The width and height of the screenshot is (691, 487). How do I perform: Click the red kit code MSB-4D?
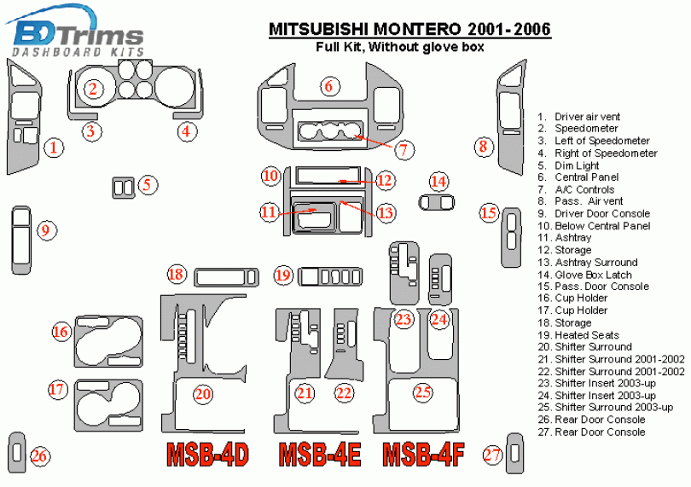pyautogui.click(x=208, y=455)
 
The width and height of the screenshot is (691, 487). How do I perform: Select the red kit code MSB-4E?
pyautogui.click(x=320, y=455)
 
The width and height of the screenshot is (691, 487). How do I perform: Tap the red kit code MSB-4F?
pyautogui.click(x=423, y=455)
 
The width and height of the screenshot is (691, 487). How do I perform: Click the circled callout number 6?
pyautogui.click(x=329, y=86)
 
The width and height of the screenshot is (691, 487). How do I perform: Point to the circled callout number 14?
pyautogui.click(x=438, y=181)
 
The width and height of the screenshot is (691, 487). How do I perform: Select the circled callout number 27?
pyautogui.click(x=492, y=455)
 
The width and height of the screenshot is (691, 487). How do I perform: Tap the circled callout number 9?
pyautogui.click(x=46, y=230)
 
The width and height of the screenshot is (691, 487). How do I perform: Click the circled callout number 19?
pyautogui.click(x=283, y=275)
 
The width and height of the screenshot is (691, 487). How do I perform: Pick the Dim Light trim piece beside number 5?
pyautogui.click(x=124, y=188)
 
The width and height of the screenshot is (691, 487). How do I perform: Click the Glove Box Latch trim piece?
pyautogui.click(x=436, y=202)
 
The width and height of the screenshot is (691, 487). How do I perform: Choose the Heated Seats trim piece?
pyautogui.click(x=330, y=277)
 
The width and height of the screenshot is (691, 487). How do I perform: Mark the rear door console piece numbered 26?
pyautogui.click(x=17, y=452)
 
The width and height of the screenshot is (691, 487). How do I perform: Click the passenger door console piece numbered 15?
pyautogui.click(x=511, y=236)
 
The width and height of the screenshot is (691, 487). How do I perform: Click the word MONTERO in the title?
pyautogui.click(x=417, y=29)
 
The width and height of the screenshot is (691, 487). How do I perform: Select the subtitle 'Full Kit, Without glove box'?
pyautogui.click(x=400, y=46)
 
